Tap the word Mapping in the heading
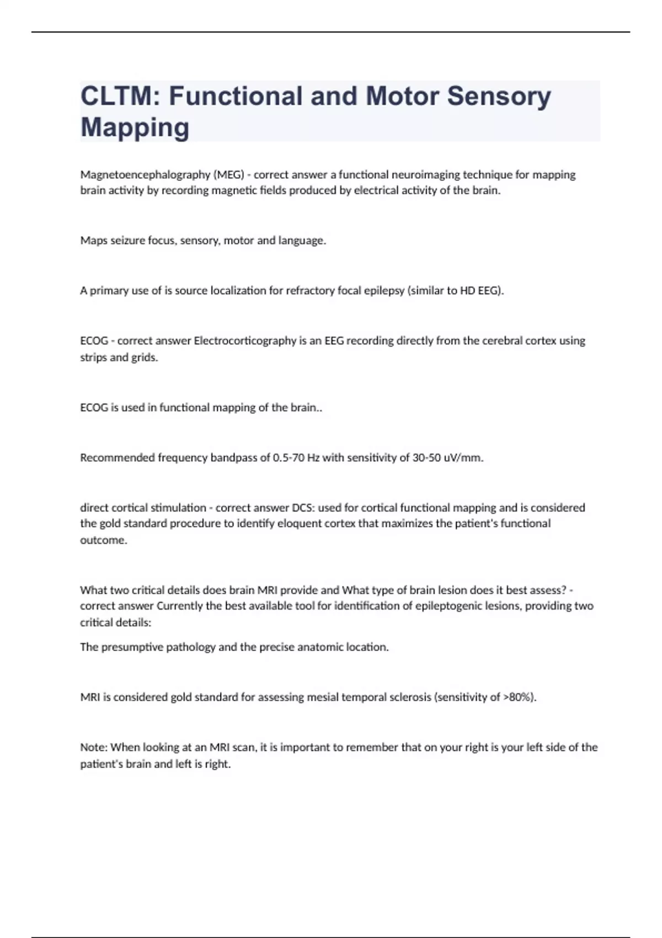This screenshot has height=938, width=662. click(x=135, y=127)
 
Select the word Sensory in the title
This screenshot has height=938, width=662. click(x=499, y=96)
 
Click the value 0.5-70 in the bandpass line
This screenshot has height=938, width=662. click(x=289, y=458)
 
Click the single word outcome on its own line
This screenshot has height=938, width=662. click(x=103, y=540)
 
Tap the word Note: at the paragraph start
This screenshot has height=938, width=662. click(x=94, y=748)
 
